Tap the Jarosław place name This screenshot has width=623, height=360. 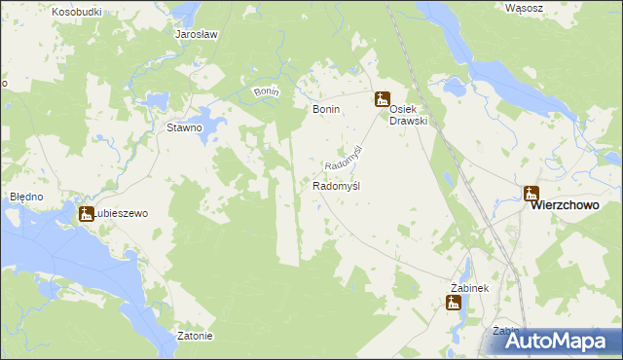(x=196, y=34)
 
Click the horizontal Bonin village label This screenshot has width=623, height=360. (x=325, y=110)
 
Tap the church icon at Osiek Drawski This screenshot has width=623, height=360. (x=383, y=98)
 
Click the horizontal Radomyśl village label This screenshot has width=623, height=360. (x=337, y=185)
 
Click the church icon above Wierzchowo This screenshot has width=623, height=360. (x=531, y=193)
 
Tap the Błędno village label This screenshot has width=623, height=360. (x=26, y=197)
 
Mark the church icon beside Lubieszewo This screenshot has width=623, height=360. (x=87, y=214)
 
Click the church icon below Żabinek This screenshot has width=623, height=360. (x=454, y=303)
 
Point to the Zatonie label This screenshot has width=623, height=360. (x=196, y=337)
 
